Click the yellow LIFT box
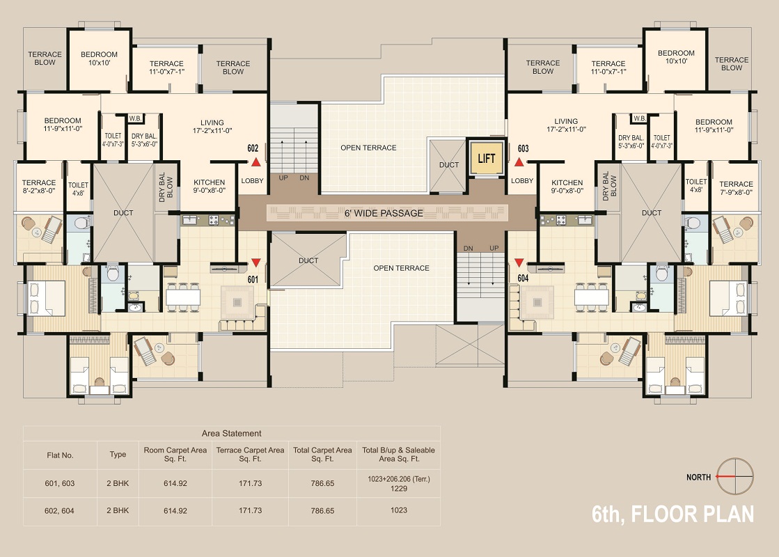tap(487, 159)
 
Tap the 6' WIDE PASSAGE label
tap(384, 213)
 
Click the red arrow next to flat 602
tap(256, 162)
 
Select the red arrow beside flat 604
tap(519, 262)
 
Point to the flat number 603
tap(523, 148)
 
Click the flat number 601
tap(253, 279)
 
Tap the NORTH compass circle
tap(735, 476)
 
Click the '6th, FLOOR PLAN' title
tap(672, 515)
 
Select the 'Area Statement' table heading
tap(232, 433)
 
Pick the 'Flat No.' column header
tap(60, 455)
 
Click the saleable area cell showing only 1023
tap(399, 510)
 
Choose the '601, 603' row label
tap(60, 483)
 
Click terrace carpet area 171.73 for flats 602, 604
tap(250, 510)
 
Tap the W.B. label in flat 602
tap(135, 118)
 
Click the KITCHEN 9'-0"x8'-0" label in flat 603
tap(567, 187)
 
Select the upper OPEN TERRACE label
tap(368, 148)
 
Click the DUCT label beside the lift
tap(448, 165)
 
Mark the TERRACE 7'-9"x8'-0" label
tap(736, 188)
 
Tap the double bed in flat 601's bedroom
tap(47, 298)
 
